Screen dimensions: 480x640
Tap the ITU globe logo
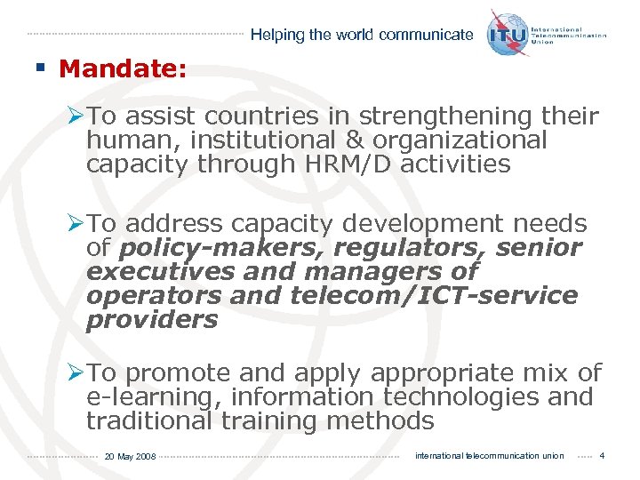pos(507,33)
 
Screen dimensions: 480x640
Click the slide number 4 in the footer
pos(602,456)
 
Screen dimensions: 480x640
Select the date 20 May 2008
pos(130,457)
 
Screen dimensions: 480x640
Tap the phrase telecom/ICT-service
pos(434,295)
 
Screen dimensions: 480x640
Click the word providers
pos(152,319)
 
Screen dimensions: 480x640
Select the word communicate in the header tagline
pos(426,36)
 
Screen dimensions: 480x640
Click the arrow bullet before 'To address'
pos(77,224)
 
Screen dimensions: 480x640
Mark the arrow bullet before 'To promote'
pos(77,373)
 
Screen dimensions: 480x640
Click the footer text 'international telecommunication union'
pos(489,456)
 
